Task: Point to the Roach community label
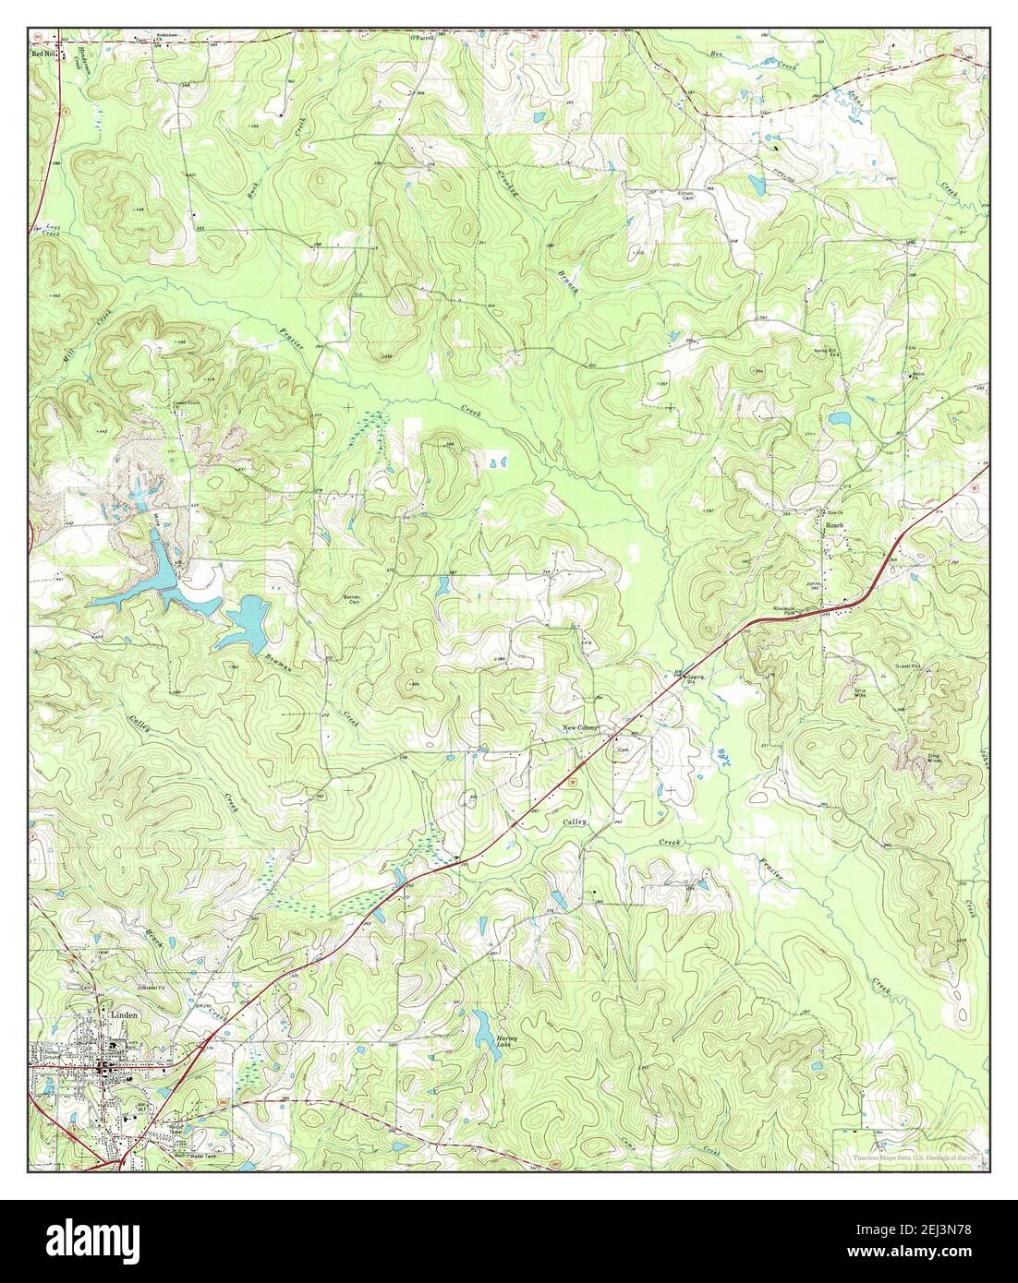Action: coord(834,524)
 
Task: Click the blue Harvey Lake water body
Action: coord(482,1024)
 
